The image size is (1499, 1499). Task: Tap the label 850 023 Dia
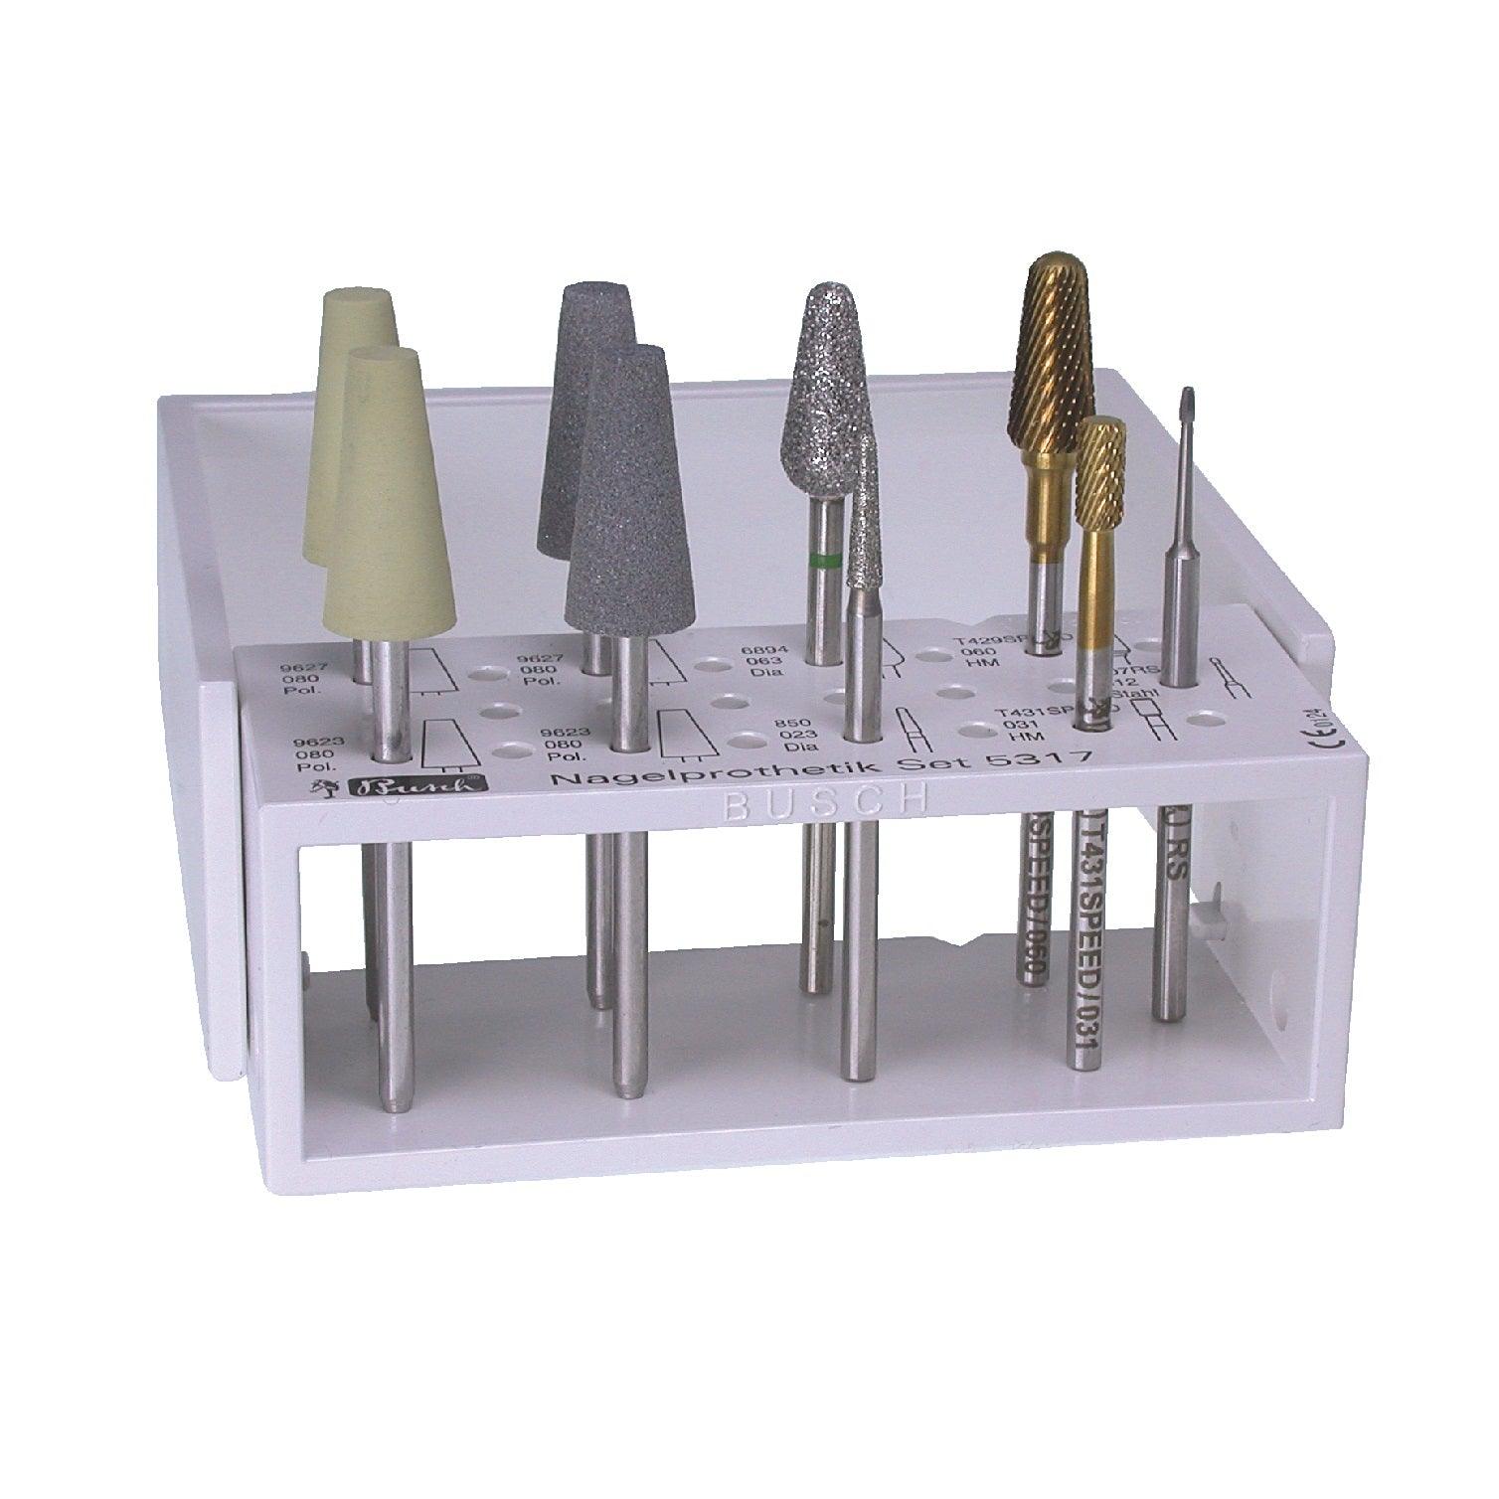(x=801, y=735)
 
